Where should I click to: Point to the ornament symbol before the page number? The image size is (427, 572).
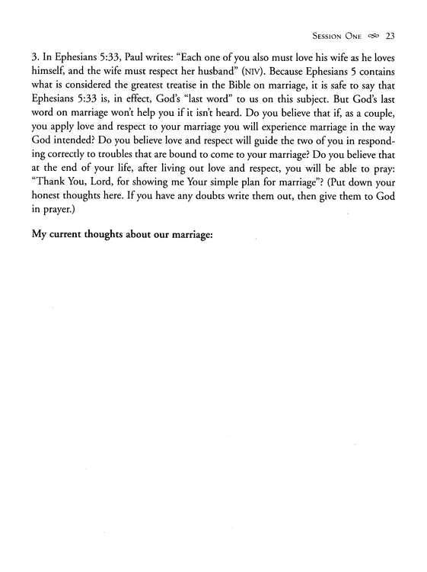tap(371, 34)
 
